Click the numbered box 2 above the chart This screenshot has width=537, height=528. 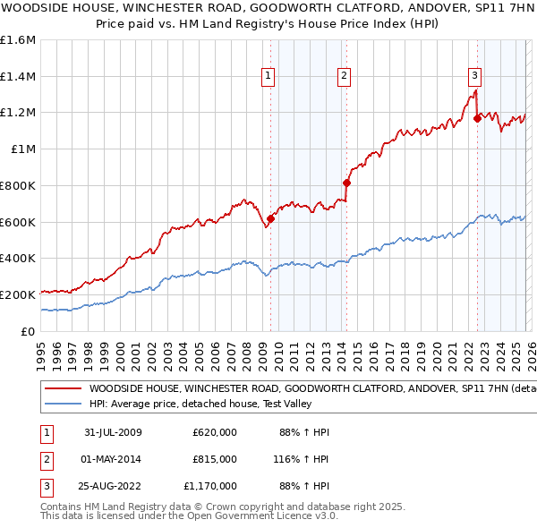point(344,77)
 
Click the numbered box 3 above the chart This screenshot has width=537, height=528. point(475,77)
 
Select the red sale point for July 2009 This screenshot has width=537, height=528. point(270,217)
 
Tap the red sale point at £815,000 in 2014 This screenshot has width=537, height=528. point(346,183)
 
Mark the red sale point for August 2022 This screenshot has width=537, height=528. point(477,117)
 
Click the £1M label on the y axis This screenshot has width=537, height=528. point(24,149)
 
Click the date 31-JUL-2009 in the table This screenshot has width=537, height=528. point(112,433)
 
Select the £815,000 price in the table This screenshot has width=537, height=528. point(215,459)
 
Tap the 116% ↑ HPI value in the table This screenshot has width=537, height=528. point(303,459)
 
